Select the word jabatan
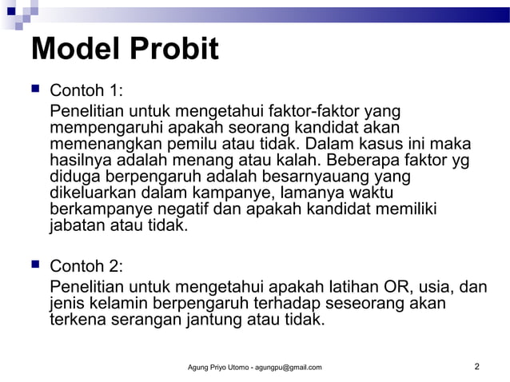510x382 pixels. tap(80, 225)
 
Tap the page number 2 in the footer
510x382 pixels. tap(476, 367)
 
